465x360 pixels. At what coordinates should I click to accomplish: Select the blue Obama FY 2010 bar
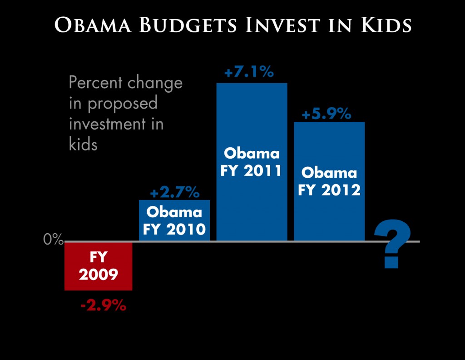click(174, 220)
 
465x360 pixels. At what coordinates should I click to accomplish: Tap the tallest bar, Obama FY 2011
click(252, 162)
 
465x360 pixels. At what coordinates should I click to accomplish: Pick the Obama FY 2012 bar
click(329, 181)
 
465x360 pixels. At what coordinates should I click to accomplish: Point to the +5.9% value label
click(326, 114)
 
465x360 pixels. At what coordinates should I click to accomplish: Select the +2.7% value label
click(175, 193)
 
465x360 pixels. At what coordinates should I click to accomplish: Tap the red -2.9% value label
click(103, 305)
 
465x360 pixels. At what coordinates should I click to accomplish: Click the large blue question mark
click(392, 244)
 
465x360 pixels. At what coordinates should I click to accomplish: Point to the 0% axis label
click(54, 239)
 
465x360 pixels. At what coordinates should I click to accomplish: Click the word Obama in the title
click(93, 25)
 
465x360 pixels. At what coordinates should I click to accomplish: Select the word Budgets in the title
click(188, 25)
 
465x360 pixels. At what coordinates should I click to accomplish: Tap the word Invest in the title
click(283, 25)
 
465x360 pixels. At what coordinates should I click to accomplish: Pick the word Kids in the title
click(386, 25)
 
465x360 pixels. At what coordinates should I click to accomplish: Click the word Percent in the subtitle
click(95, 82)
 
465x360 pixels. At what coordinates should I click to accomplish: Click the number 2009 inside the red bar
click(99, 274)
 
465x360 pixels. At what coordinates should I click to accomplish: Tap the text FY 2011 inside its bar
click(251, 170)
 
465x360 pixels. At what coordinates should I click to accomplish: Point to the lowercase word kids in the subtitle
click(83, 144)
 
